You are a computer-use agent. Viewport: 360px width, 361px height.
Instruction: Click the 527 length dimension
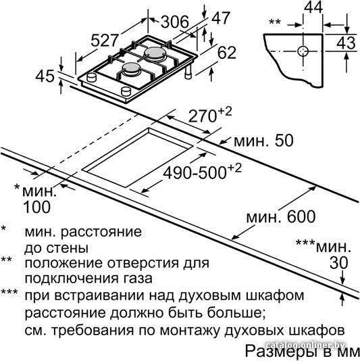click(x=105, y=41)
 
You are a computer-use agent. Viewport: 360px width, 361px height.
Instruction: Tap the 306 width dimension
click(x=174, y=22)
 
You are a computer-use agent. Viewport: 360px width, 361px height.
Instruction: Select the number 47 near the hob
click(x=221, y=18)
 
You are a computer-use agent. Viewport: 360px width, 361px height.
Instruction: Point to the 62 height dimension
click(x=227, y=53)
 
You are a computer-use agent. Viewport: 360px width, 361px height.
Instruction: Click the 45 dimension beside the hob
click(x=45, y=76)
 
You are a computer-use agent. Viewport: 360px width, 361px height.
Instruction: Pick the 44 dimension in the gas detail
click(x=313, y=7)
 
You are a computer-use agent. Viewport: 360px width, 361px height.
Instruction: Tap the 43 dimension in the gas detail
click(x=346, y=43)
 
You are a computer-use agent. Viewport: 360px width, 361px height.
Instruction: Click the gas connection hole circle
click(x=303, y=51)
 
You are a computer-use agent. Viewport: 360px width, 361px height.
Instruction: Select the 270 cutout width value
click(x=203, y=116)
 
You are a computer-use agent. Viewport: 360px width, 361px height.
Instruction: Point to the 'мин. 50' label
click(x=263, y=141)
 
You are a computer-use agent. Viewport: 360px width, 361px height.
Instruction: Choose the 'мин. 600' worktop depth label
click(x=281, y=216)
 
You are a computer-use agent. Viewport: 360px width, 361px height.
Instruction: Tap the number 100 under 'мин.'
click(x=36, y=207)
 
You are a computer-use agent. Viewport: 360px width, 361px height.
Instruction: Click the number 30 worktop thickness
click(x=338, y=263)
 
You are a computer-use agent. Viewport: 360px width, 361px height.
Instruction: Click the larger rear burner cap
click(x=155, y=53)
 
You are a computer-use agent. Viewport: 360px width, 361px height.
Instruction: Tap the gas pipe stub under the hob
click(x=188, y=72)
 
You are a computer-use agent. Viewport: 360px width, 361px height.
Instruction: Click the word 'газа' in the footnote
click(x=139, y=279)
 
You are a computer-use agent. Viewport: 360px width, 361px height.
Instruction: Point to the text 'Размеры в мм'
click(x=301, y=351)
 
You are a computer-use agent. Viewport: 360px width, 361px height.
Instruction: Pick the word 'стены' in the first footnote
click(x=68, y=248)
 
